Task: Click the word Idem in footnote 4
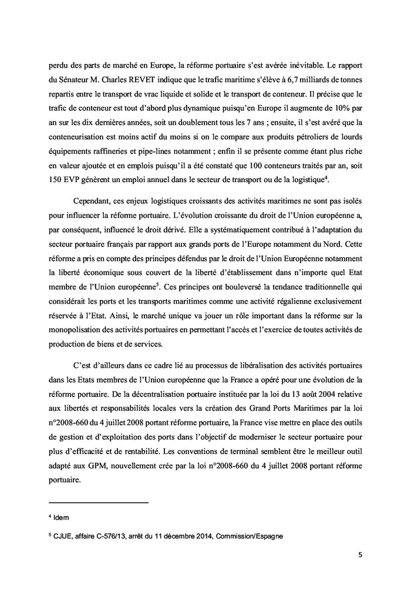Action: (x=61, y=516)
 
